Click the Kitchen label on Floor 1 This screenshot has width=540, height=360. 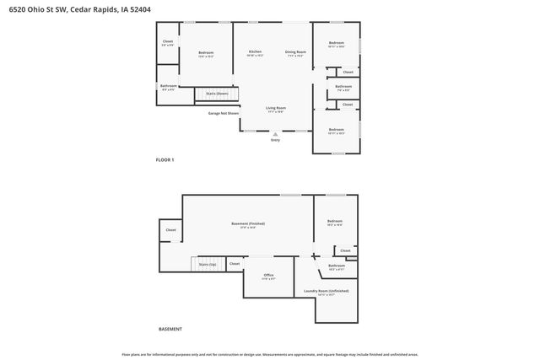(x=255, y=53)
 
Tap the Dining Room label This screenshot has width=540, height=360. (x=295, y=53)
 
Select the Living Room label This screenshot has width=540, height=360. (x=276, y=109)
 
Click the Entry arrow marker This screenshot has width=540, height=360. (x=275, y=133)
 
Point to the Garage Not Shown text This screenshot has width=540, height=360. (x=224, y=112)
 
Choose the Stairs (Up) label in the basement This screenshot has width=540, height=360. (x=208, y=264)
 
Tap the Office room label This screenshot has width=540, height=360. (x=268, y=276)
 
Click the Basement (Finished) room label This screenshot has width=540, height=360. (x=248, y=224)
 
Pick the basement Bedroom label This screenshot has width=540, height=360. (x=334, y=222)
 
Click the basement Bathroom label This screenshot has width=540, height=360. (x=337, y=266)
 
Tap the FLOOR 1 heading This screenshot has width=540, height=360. (x=165, y=159)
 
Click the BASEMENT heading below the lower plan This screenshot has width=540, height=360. (x=170, y=329)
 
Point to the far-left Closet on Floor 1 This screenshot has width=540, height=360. (x=168, y=42)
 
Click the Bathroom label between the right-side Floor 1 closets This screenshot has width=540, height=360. (x=343, y=87)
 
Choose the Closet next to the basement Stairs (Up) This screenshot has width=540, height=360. (x=235, y=263)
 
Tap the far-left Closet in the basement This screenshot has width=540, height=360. (x=170, y=229)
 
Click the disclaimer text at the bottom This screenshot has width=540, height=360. (x=270, y=354)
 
